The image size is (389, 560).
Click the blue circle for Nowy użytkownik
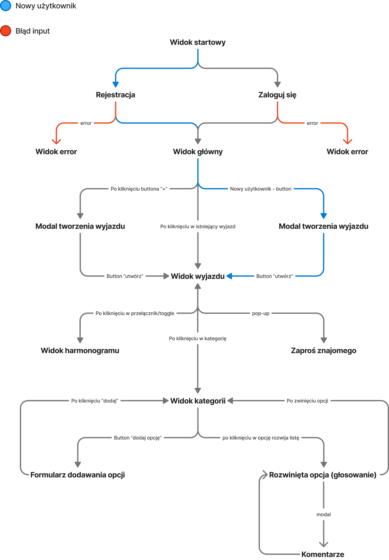tap(6, 6)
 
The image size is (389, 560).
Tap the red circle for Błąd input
tap(6, 31)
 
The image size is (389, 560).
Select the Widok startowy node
tap(197, 42)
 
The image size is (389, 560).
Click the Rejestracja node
tap(115, 95)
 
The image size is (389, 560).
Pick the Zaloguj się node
tap(277, 95)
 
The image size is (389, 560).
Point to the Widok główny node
tap(198, 152)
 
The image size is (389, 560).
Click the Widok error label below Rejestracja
tap(56, 152)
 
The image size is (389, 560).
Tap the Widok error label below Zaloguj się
tap(347, 152)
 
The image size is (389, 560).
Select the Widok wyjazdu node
tap(198, 276)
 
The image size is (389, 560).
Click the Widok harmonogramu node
tap(80, 351)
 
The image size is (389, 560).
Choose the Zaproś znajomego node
tap(323, 351)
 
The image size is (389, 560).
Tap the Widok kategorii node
tap(198, 401)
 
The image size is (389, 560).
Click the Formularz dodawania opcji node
tap(78, 475)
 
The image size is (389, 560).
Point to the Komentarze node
tap(323, 554)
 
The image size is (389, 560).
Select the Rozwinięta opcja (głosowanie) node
tap(323, 475)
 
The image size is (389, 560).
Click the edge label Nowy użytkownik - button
tap(260, 189)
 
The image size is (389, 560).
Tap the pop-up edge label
tap(260, 314)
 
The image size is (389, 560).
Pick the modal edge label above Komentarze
tap(323, 515)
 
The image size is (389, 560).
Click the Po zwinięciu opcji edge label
tap(307, 401)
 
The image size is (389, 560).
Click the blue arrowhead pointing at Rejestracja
tap(115, 84)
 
